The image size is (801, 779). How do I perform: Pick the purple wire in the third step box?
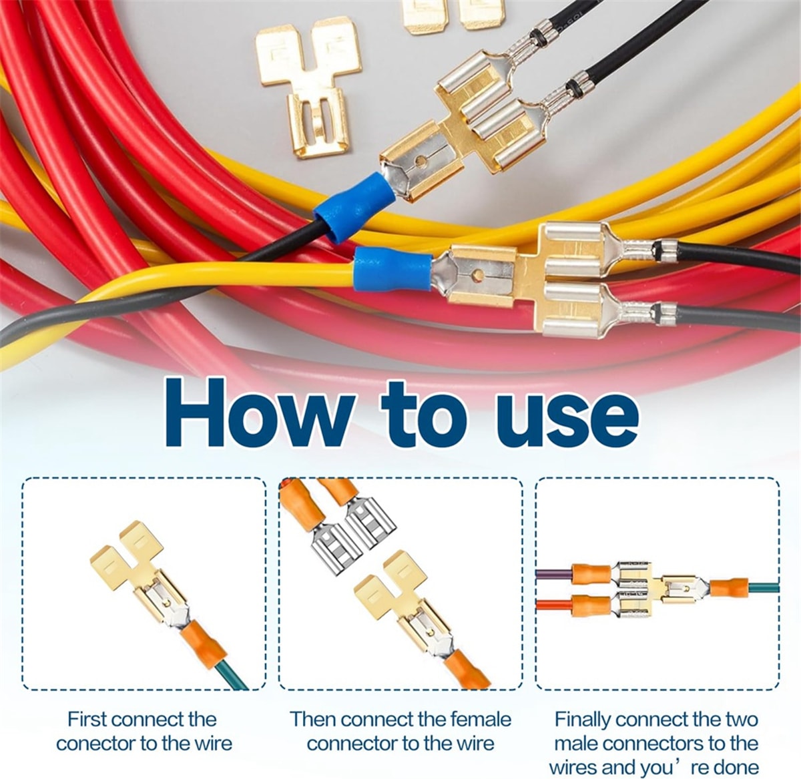click(553, 572)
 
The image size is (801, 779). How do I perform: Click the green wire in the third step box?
click(763, 587)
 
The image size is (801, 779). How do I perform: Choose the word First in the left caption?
click(86, 720)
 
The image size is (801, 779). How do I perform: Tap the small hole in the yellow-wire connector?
click(477, 274)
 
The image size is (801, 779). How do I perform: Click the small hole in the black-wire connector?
click(421, 160)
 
